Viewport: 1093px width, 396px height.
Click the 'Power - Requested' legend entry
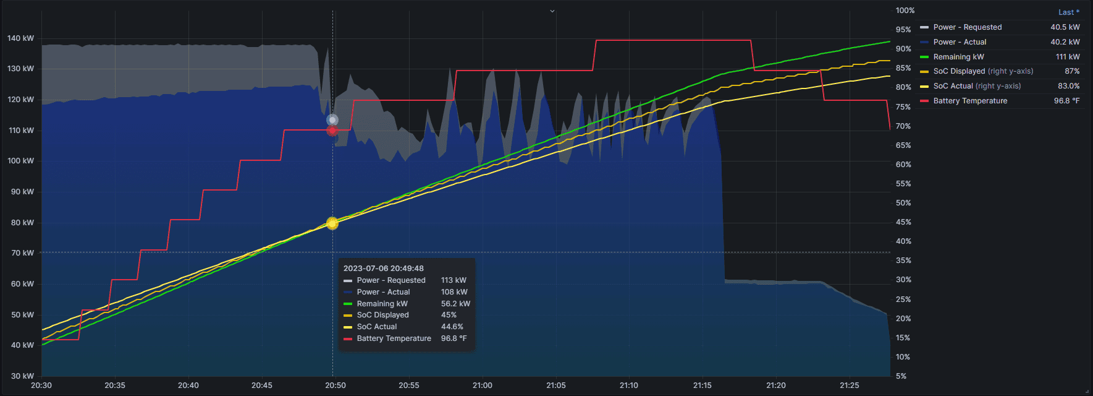coord(967,27)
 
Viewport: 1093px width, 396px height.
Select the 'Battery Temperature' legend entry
coord(970,101)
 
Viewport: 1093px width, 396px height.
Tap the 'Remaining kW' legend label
coord(958,57)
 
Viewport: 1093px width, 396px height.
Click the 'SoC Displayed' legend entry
coord(959,71)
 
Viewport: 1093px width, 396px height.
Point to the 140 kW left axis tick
coord(20,38)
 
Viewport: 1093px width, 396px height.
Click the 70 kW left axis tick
coord(22,253)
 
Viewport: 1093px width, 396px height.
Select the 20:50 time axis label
coord(335,385)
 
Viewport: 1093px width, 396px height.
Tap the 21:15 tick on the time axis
coord(702,385)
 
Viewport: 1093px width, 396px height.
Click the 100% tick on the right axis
coord(905,11)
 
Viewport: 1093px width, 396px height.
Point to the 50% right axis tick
coord(903,203)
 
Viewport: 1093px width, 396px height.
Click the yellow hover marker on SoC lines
coord(332,223)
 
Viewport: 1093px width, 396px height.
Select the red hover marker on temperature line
coord(332,131)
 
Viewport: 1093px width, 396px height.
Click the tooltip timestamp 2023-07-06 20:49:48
coord(383,269)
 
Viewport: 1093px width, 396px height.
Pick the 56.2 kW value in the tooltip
coord(455,304)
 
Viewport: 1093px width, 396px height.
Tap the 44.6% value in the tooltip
coord(452,327)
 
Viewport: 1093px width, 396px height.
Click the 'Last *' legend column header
coord(1068,12)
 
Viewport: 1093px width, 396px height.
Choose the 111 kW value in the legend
coord(1068,57)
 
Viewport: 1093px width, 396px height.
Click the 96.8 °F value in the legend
coord(1066,101)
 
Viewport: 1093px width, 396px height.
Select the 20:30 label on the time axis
coord(41,385)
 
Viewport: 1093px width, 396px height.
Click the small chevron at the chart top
coord(552,11)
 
